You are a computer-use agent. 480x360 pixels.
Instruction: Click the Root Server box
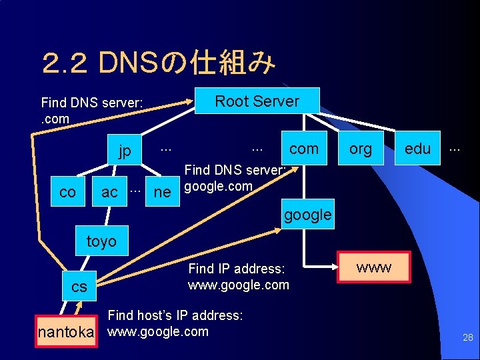tap(257, 101)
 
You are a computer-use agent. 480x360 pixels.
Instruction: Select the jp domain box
tap(125, 150)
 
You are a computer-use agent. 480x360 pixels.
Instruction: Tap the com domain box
tap(304, 149)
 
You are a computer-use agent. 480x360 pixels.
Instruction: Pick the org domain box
tap(361, 149)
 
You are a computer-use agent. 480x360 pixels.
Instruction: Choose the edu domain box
tap(418, 149)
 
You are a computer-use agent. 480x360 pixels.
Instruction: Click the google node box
tap(307, 215)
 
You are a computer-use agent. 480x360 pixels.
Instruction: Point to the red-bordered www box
tap(374, 268)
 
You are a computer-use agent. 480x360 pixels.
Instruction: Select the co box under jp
tap(67, 192)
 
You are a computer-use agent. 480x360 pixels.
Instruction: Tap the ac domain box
tap(109, 192)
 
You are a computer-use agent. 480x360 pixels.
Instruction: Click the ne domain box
tap(162, 192)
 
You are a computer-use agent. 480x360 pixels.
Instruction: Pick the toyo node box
tap(101, 241)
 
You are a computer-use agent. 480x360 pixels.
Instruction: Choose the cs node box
tap(79, 286)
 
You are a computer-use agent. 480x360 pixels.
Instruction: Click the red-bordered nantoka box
tap(65, 331)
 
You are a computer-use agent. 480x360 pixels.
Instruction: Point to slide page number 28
tap(468, 338)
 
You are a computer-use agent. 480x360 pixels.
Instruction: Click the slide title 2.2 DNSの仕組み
tap(158, 64)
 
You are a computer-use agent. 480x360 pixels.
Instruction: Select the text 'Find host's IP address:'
tap(175, 315)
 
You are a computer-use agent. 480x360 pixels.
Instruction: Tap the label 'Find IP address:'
tap(237, 269)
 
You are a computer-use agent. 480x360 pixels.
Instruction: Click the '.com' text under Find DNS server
tap(55, 119)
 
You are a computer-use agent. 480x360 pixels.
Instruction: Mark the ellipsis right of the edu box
tap(455, 148)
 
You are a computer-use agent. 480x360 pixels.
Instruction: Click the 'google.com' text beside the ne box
tap(218, 187)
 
